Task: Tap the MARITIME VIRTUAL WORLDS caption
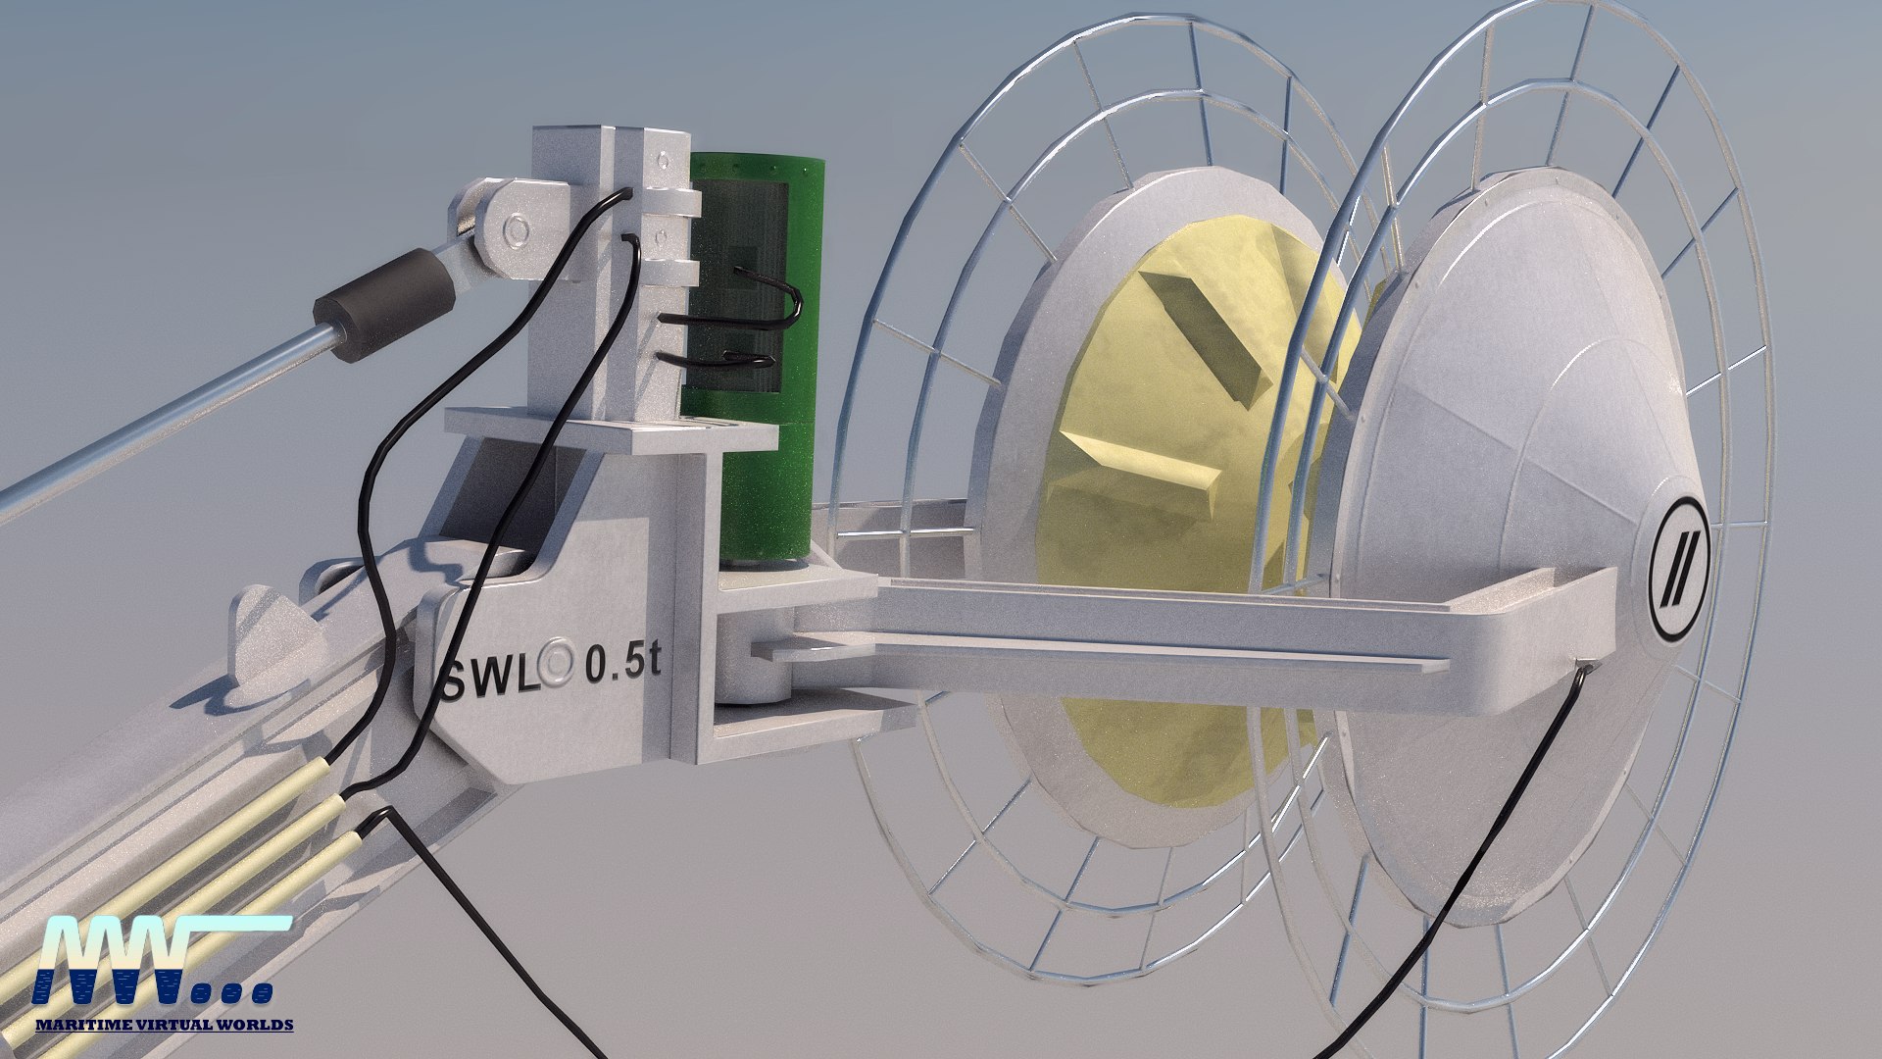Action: [164, 1025]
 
